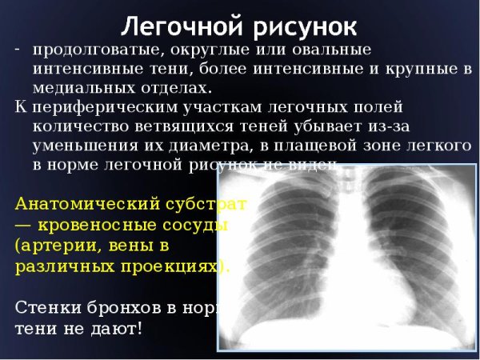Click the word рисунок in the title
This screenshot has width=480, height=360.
tap(300, 26)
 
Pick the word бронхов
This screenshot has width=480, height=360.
tap(128, 307)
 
